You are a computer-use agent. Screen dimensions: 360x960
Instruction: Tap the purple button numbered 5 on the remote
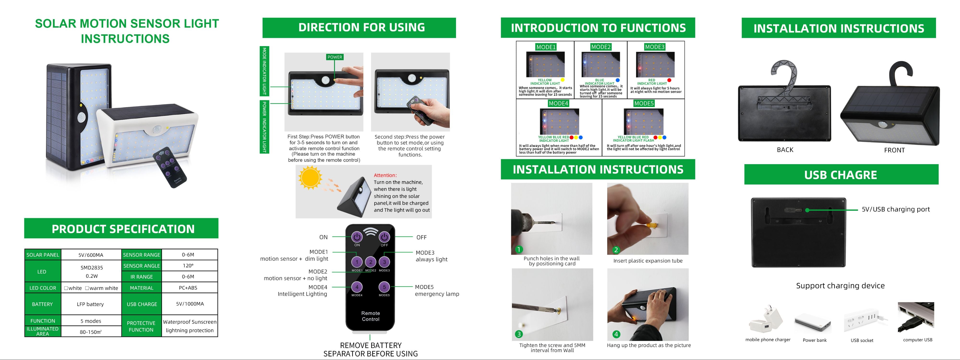point(384,287)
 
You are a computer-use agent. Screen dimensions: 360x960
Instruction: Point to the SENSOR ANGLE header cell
point(142,266)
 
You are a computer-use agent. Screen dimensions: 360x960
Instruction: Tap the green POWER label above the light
point(335,57)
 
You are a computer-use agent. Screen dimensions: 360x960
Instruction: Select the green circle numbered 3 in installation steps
point(519,334)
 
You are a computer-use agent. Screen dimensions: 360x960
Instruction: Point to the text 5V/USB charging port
point(895,210)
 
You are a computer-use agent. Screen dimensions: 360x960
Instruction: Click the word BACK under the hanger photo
point(785,150)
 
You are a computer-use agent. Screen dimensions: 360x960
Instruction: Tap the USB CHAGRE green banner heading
point(841,175)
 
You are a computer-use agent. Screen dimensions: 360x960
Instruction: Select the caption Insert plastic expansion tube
point(648,261)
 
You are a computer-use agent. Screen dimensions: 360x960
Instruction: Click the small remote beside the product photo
point(170,167)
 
